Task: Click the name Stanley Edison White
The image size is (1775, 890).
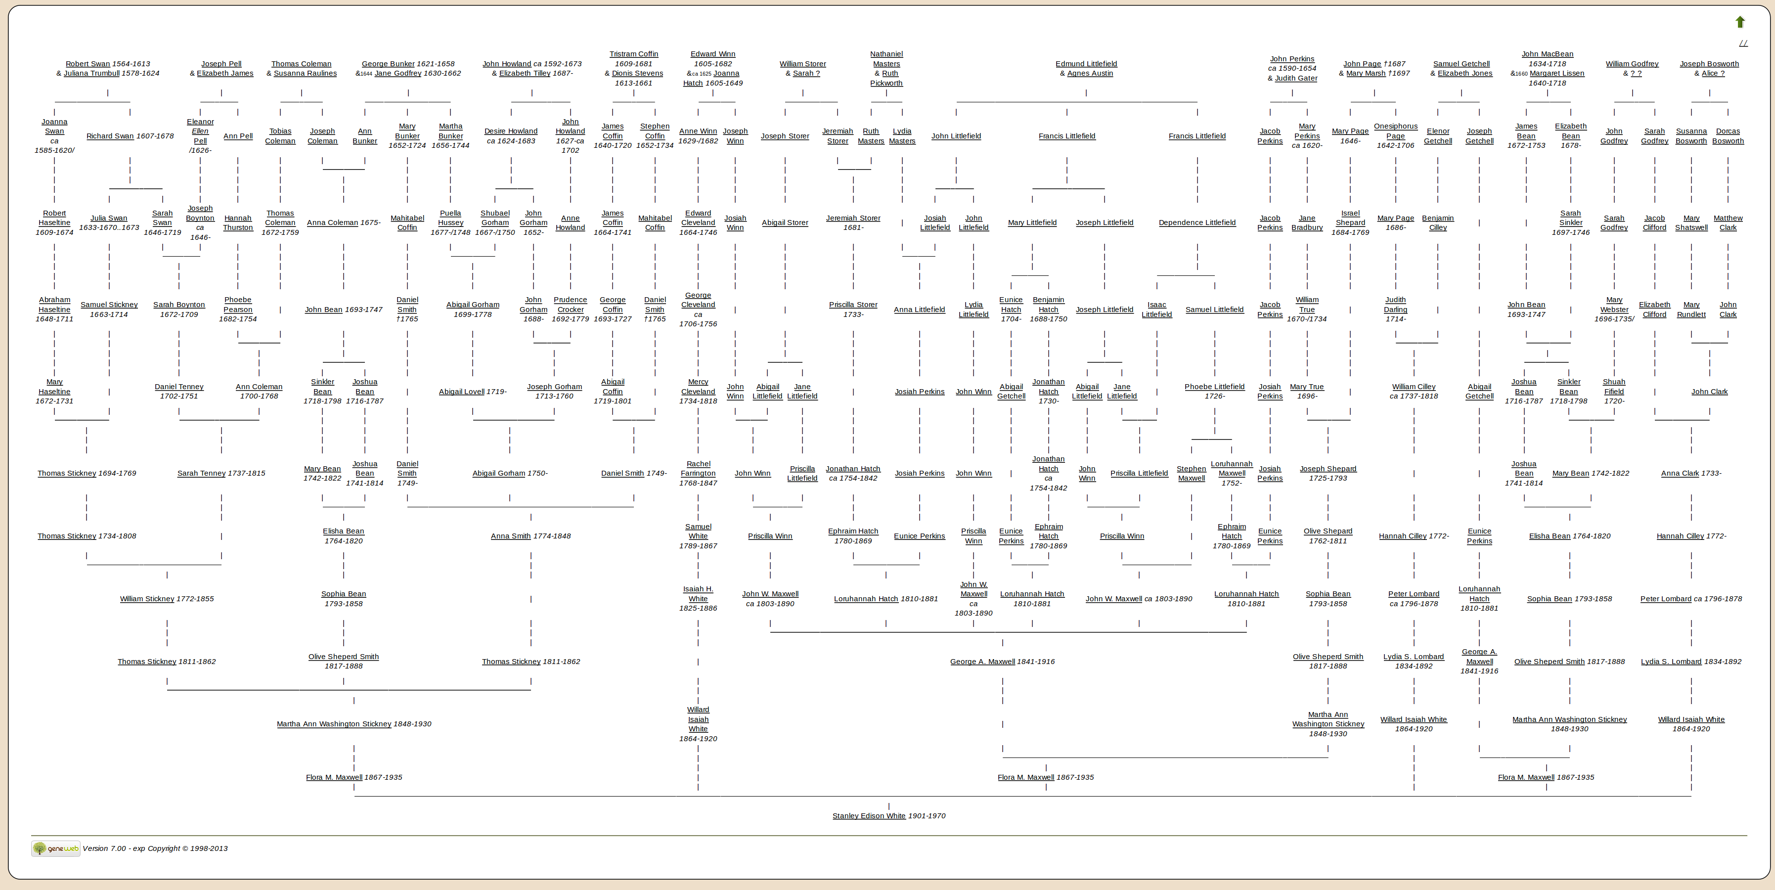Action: point(869,816)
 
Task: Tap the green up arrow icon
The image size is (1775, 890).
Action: point(1740,22)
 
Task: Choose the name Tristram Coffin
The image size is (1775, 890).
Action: point(633,54)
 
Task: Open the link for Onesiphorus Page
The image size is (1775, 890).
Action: point(1395,131)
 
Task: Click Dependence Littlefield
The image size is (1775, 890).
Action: point(1197,222)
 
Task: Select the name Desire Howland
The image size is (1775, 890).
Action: point(511,132)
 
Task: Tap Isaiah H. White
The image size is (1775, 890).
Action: point(698,594)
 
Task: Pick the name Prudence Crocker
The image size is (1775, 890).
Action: point(570,305)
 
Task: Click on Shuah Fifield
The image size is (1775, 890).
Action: point(1614,387)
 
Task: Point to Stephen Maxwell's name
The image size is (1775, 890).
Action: point(1192,473)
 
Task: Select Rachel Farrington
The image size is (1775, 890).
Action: point(698,468)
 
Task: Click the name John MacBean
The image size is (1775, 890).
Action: point(1547,54)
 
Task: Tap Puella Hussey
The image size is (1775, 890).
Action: point(450,218)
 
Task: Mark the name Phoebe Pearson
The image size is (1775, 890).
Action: point(238,305)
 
